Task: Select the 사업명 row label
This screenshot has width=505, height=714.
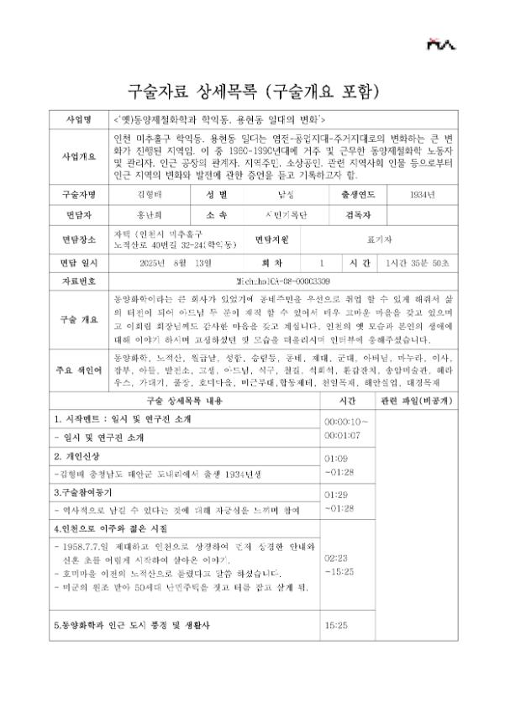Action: pyautogui.click(x=81, y=119)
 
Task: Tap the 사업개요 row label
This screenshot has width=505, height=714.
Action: pyautogui.click(x=81, y=157)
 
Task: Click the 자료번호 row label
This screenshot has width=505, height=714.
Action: pyautogui.click(x=81, y=281)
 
